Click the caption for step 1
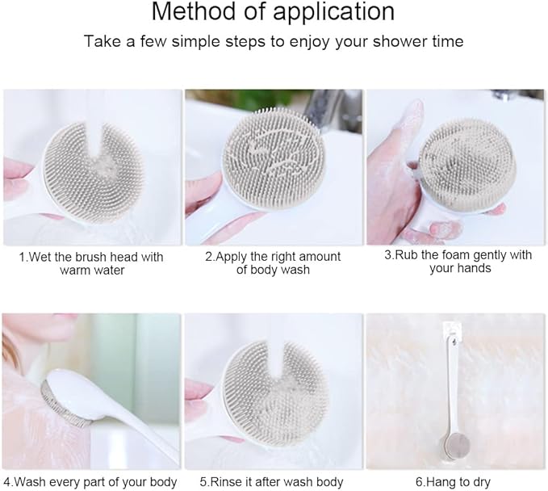[91, 263]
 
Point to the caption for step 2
[272, 263]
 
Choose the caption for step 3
[458, 261]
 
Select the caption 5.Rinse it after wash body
[273, 482]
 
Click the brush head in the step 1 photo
[92, 174]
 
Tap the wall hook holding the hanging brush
[453, 334]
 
